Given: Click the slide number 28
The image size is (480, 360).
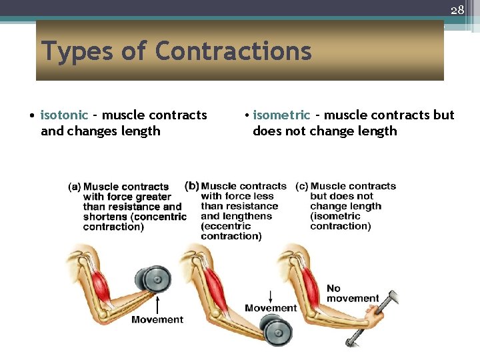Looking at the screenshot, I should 457,10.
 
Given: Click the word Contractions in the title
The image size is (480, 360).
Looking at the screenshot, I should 233,51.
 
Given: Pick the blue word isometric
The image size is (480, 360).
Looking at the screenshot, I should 281,115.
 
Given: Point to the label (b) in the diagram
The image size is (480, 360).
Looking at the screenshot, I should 192,185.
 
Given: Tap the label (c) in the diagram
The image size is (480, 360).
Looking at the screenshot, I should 302,186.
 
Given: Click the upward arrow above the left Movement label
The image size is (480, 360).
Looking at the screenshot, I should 157,304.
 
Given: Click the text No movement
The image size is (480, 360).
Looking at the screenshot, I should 352,293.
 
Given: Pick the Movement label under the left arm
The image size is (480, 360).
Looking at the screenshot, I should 157,319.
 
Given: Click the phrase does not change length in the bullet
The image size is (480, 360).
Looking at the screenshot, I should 325,131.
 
